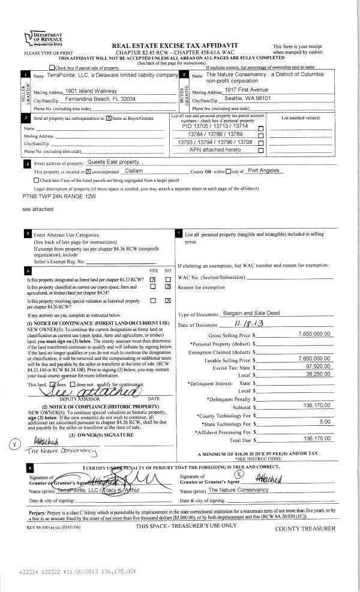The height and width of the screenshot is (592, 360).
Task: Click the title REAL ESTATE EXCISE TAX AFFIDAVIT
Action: click(x=181, y=46)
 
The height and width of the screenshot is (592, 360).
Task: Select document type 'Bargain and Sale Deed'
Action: click(x=253, y=314)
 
